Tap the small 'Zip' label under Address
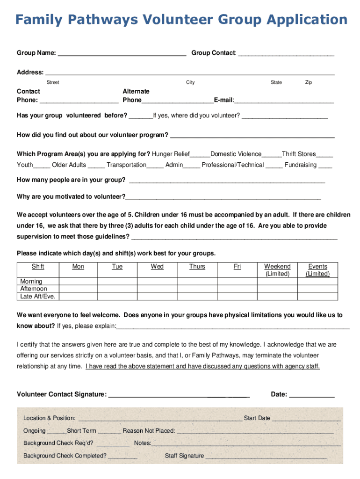309,82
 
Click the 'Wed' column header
157,267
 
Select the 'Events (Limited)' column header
317,270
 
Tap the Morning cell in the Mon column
78,282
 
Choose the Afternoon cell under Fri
237,289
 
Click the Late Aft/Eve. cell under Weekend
277,297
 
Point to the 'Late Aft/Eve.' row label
37,297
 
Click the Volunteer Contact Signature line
179,396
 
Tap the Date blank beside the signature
312,396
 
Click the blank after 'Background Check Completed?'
122,457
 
